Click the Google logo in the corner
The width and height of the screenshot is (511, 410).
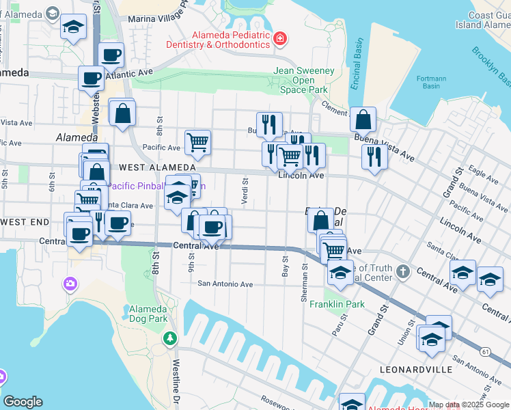point(23,402)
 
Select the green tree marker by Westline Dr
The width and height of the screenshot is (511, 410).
point(169,338)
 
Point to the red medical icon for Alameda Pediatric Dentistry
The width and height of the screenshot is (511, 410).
point(279,39)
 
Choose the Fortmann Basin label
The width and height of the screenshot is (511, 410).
point(431,82)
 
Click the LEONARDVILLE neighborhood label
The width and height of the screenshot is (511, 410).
point(416,369)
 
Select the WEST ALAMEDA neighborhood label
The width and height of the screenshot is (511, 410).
point(156,167)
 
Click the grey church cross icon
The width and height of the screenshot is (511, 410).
point(404,271)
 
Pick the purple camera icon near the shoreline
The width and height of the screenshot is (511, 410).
point(70,284)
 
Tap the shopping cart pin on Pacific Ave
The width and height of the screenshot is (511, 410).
point(197,141)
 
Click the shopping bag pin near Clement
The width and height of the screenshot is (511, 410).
point(363,119)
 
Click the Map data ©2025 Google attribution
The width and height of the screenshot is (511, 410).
point(468,405)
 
